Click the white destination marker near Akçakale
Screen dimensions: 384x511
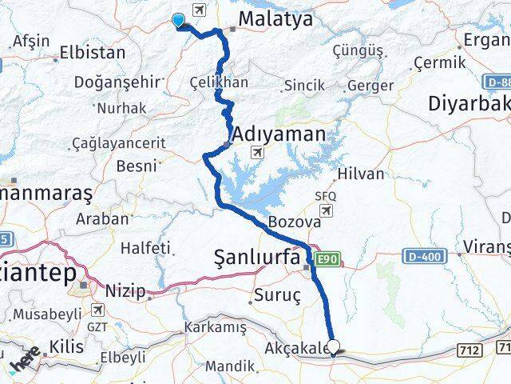click(334, 347)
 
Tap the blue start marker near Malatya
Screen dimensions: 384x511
click(178, 22)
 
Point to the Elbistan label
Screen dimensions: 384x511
click(93, 54)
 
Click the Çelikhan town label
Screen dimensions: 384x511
click(219, 82)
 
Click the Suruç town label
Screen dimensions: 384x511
click(276, 296)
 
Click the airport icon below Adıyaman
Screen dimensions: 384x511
click(258, 152)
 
